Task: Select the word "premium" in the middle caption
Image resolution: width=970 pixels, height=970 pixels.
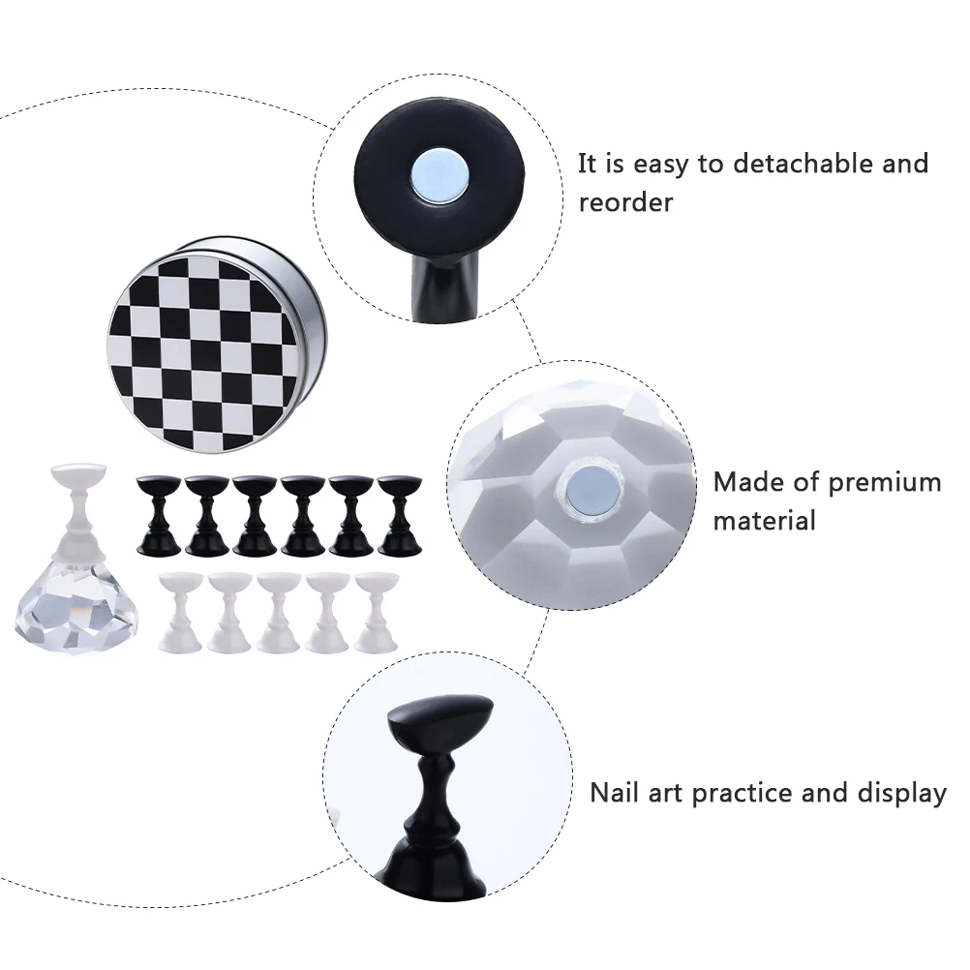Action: pos(886,481)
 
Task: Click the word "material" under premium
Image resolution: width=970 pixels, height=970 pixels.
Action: pos(764,520)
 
